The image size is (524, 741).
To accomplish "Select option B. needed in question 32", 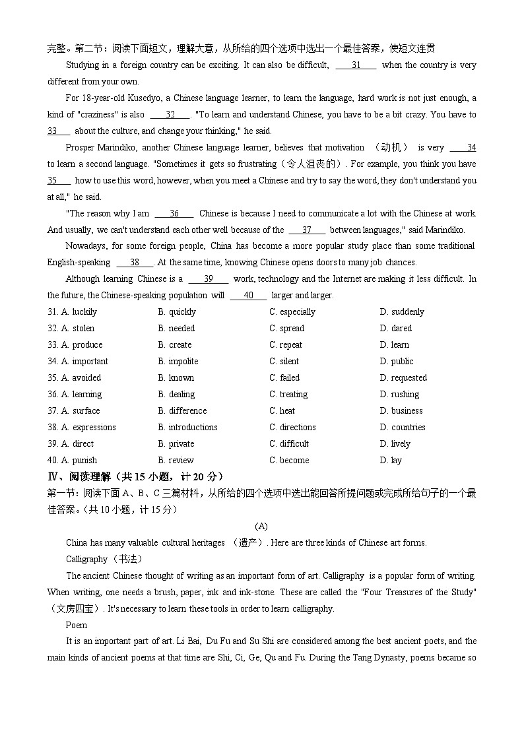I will pos(176,328).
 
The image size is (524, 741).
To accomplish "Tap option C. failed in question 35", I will pos(284,377).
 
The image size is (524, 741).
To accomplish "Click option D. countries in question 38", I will pos(403,427).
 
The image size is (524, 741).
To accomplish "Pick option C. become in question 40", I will pos(289,460).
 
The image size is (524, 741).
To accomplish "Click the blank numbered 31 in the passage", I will pos(356,65).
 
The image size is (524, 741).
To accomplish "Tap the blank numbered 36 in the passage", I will pos(174,214).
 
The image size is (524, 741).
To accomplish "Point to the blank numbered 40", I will pos(249,296).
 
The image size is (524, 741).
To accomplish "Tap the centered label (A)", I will pos(261,526).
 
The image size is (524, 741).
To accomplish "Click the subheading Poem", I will pos(77,625).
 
